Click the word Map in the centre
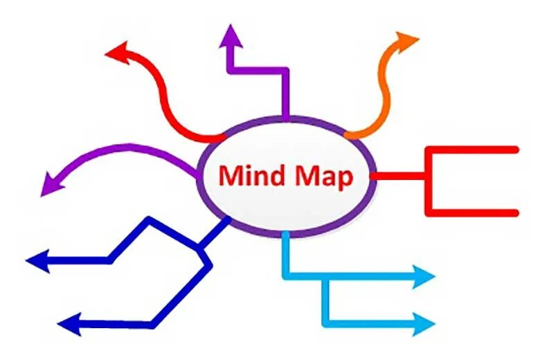tap(323, 177)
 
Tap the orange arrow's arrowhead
tap(408, 39)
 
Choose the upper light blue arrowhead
tap(424, 276)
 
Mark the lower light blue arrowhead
tap(424, 323)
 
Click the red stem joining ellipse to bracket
tap(398, 177)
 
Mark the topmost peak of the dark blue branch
tap(150, 221)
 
